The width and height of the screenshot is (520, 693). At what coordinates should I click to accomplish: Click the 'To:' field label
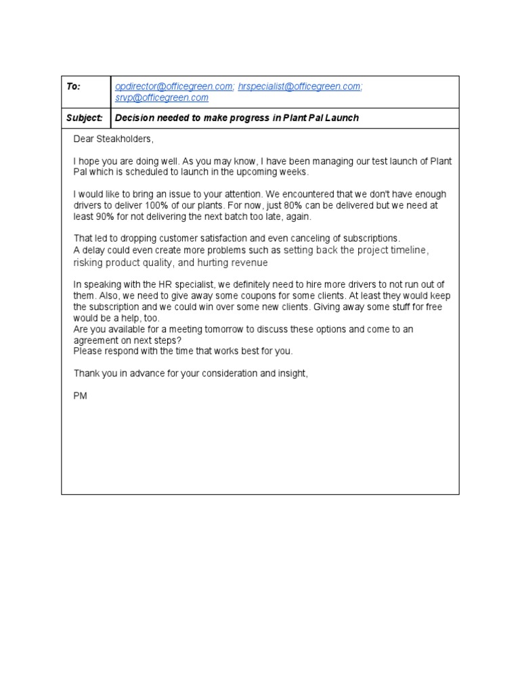tap(73, 87)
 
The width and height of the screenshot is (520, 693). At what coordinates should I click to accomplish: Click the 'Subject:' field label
tap(84, 118)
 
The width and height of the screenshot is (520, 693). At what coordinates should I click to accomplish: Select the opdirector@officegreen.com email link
tap(175, 87)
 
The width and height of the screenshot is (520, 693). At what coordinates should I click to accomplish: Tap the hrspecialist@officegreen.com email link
tap(300, 87)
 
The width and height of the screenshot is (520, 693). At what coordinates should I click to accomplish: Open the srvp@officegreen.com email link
tap(162, 98)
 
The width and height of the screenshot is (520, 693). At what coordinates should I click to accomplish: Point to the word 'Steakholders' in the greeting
tap(126, 139)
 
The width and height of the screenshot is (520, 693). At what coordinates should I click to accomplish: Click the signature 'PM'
tap(81, 395)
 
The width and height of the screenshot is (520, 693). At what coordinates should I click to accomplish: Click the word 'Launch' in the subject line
tap(340, 118)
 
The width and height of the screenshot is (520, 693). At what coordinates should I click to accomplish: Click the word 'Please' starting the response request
tap(87, 351)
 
